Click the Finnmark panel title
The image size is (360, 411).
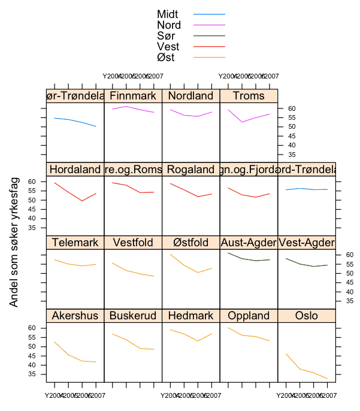coord(133,96)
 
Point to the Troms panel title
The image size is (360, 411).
coord(249,96)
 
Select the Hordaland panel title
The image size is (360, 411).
coord(75,170)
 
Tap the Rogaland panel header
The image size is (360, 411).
coord(190,170)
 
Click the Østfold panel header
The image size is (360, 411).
coord(190,243)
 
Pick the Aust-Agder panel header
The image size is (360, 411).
coord(249,243)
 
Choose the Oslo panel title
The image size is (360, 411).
coord(307,316)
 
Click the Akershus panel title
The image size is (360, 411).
coord(75,316)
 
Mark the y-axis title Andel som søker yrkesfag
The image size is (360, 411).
coord(14,241)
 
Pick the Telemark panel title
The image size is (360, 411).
coord(75,243)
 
